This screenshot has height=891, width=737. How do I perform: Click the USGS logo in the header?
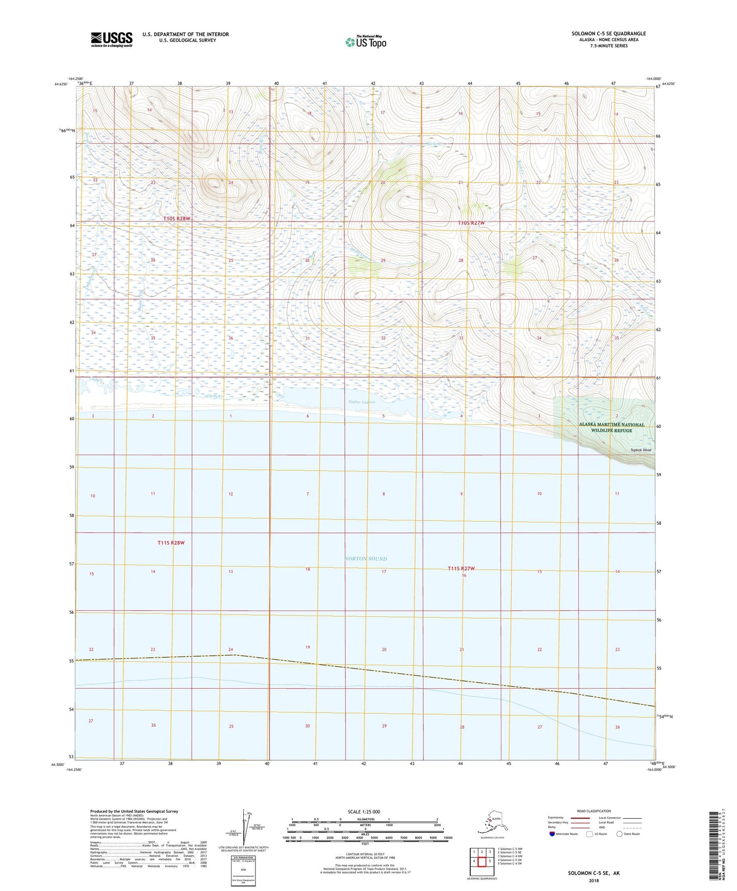(111, 39)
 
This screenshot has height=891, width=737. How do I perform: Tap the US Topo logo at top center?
(366, 42)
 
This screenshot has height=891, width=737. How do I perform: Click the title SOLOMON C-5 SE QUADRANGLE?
(608, 34)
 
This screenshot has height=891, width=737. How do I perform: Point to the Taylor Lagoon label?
(362, 402)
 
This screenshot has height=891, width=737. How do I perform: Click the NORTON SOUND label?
(366, 559)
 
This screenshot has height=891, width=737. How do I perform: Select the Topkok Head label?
(641, 450)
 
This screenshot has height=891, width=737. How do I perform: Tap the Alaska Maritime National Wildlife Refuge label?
(604, 428)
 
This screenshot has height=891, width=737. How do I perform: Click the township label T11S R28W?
(171, 543)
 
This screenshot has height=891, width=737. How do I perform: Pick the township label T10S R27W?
(471, 223)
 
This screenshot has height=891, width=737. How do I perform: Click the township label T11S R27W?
(461, 568)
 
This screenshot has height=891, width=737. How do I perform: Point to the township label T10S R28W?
(176, 219)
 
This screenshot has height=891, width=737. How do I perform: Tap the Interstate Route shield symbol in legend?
(552, 834)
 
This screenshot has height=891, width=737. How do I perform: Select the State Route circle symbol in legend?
(619, 834)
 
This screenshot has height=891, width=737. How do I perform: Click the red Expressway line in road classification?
(580, 818)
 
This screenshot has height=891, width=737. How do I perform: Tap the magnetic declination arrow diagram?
(246, 828)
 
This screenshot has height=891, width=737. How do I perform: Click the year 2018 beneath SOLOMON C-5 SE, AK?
(594, 880)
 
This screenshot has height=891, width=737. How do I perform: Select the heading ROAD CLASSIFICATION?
(594, 811)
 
